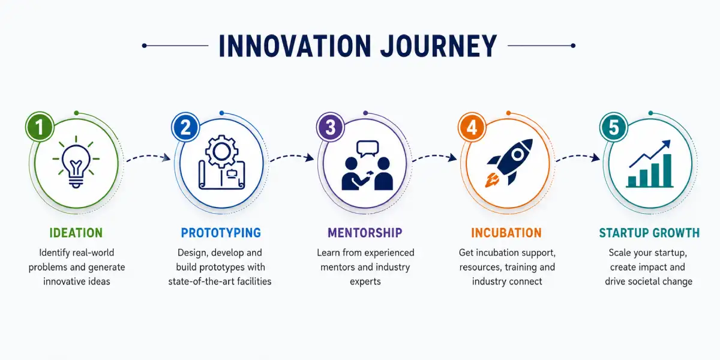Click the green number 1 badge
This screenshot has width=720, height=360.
40,127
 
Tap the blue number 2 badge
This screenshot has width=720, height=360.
185,127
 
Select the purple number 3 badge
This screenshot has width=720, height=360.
331,127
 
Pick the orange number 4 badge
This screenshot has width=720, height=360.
472,127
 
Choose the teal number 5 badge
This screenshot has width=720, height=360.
614,127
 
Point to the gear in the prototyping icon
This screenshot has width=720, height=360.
221,151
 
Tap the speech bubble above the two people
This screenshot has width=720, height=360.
367,149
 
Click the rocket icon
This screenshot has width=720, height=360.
509,163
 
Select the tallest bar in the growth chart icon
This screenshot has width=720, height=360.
667,170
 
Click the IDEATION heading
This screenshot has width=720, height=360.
76,233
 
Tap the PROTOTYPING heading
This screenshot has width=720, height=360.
221,233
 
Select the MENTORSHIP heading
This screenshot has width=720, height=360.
365,233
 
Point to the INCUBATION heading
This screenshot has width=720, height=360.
506,233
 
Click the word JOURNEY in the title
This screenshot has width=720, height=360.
439,46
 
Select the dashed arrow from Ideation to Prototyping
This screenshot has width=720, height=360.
149,157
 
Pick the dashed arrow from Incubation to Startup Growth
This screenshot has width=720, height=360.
578,157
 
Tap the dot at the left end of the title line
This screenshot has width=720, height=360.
145,46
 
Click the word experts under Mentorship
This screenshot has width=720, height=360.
365,281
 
